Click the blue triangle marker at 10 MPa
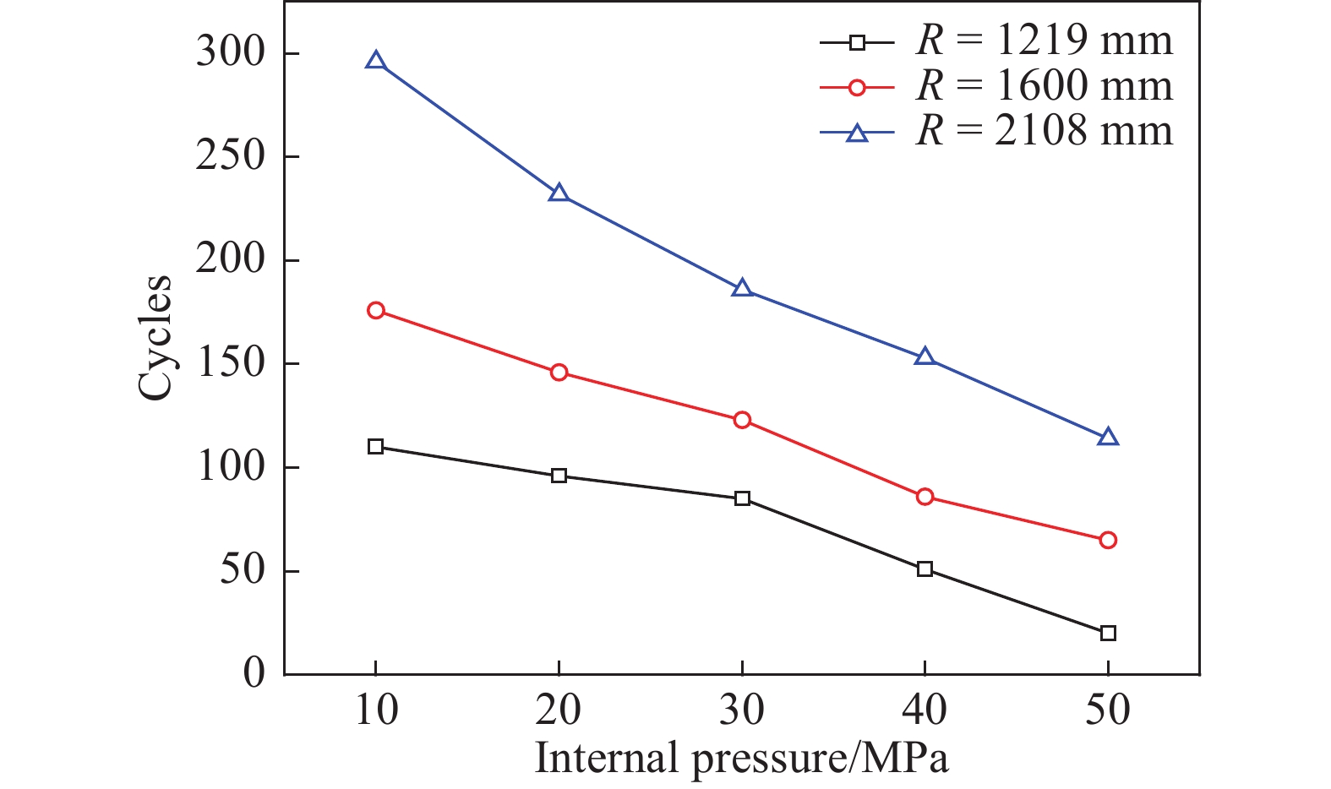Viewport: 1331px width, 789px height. click(376, 61)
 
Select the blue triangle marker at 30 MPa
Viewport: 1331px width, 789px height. click(742, 288)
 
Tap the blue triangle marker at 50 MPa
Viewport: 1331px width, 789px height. click(1108, 438)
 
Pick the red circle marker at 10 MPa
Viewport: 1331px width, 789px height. click(376, 311)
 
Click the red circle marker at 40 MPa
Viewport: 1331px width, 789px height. click(925, 497)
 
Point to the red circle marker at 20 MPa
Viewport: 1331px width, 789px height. click(559, 373)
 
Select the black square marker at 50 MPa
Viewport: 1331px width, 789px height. click(1108, 633)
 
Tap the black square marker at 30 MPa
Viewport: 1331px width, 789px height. click(742, 498)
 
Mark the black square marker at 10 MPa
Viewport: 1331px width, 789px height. click(376, 446)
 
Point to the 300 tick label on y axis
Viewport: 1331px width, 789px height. click(231, 53)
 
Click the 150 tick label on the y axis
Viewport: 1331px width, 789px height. click(231, 364)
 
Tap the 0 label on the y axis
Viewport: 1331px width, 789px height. click(254, 674)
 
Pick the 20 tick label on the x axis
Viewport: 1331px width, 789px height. click(559, 710)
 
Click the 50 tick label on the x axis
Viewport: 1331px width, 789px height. click(1108, 710)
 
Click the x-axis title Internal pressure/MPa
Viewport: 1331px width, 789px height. click(742, 758)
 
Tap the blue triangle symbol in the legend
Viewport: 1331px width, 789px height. click(857, 133)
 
